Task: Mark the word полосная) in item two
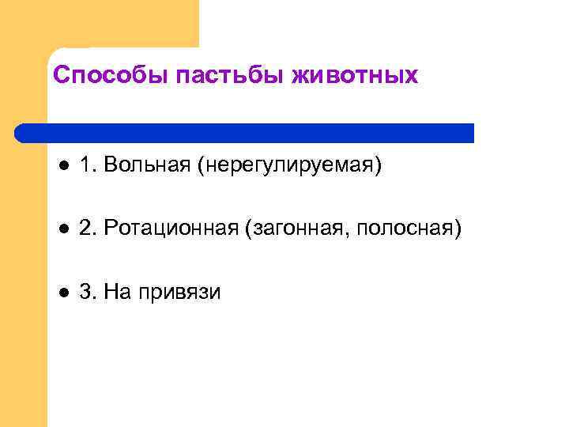[x=409, y=230]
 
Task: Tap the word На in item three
[x=121, y=293]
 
